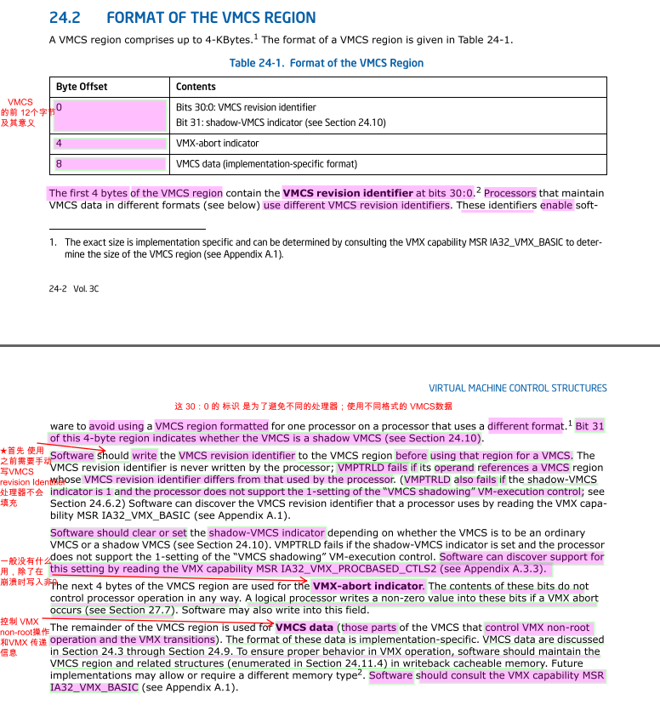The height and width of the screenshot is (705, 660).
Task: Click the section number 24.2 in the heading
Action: point(64,18)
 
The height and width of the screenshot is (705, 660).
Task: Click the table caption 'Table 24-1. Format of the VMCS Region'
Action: point(327,63)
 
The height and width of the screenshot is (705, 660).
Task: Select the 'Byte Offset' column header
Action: point(82,87)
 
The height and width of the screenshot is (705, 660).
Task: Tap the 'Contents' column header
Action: point(196,87)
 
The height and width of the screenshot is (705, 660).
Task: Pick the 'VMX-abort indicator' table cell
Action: point(218,143)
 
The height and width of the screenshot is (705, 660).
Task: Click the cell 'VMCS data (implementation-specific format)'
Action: point(266,164)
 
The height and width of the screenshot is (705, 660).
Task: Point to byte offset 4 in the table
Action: point(59,143)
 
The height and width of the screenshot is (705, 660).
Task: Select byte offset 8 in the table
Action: point(59,164)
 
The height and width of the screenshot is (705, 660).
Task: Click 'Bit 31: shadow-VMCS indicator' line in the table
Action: point(281,122)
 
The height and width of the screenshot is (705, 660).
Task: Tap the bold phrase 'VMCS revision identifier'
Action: point(348,193)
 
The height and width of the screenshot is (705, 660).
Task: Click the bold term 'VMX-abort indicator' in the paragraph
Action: point(367,586)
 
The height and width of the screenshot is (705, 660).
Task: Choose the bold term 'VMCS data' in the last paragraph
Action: point(304,628)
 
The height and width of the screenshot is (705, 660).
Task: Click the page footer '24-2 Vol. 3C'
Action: point(74,288)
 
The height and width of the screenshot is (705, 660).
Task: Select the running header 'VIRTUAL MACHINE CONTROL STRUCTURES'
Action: point(517,388)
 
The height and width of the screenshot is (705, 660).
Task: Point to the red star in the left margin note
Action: point(4,450)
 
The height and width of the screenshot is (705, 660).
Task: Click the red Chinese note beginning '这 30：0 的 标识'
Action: point(313,407)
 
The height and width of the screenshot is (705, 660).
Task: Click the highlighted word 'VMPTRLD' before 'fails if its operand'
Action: point(361,467)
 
